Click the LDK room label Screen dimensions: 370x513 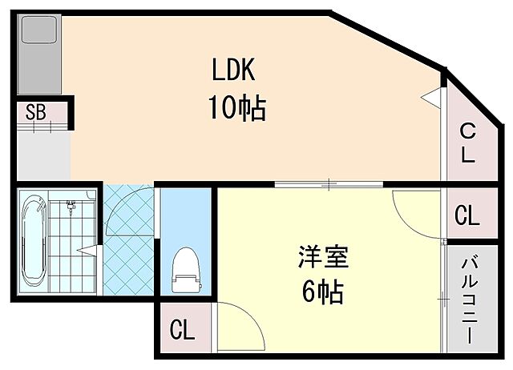(232, 70)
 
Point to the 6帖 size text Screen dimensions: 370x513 (322, 292)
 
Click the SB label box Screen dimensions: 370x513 (35, 112)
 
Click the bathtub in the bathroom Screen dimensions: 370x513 (34, 242)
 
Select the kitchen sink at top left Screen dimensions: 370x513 (35, 31)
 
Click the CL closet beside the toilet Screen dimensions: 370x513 (183, 328)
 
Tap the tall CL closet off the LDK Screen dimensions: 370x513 (467, 142)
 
